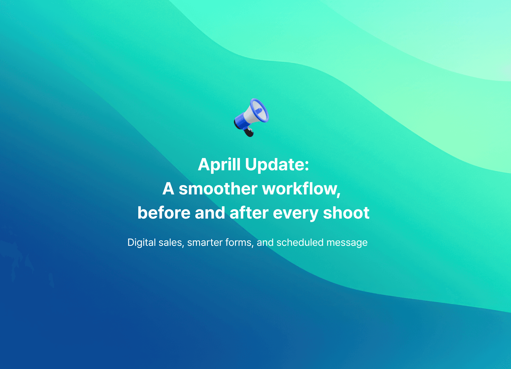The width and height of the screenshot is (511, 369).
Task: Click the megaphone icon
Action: pyautogui.click(x=251, y=117)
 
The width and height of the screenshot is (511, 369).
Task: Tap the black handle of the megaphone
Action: pyautogui.click(x=249, y=132)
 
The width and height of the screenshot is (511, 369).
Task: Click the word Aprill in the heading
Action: pyautogui.click(x=219, y=165)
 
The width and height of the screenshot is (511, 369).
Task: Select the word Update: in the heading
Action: pyautogui.click(x=277, y=165)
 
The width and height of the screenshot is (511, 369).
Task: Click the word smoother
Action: pyautogui.click(x=218, y=189)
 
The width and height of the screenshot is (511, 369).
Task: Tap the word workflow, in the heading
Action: pyautogui.click(x=301, y=189)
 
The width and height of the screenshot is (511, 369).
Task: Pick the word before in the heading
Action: pyautogui.click(x=164, y=213)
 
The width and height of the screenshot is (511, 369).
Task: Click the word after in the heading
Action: pyautogui.click(x=249, y=213)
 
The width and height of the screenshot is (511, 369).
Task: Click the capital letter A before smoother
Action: pyautogui.click(x=168, y=189)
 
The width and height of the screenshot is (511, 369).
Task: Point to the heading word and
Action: pyautogui.click(x=210, y=213)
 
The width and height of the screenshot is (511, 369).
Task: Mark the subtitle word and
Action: pyautogui.click(x=265, y=243)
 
